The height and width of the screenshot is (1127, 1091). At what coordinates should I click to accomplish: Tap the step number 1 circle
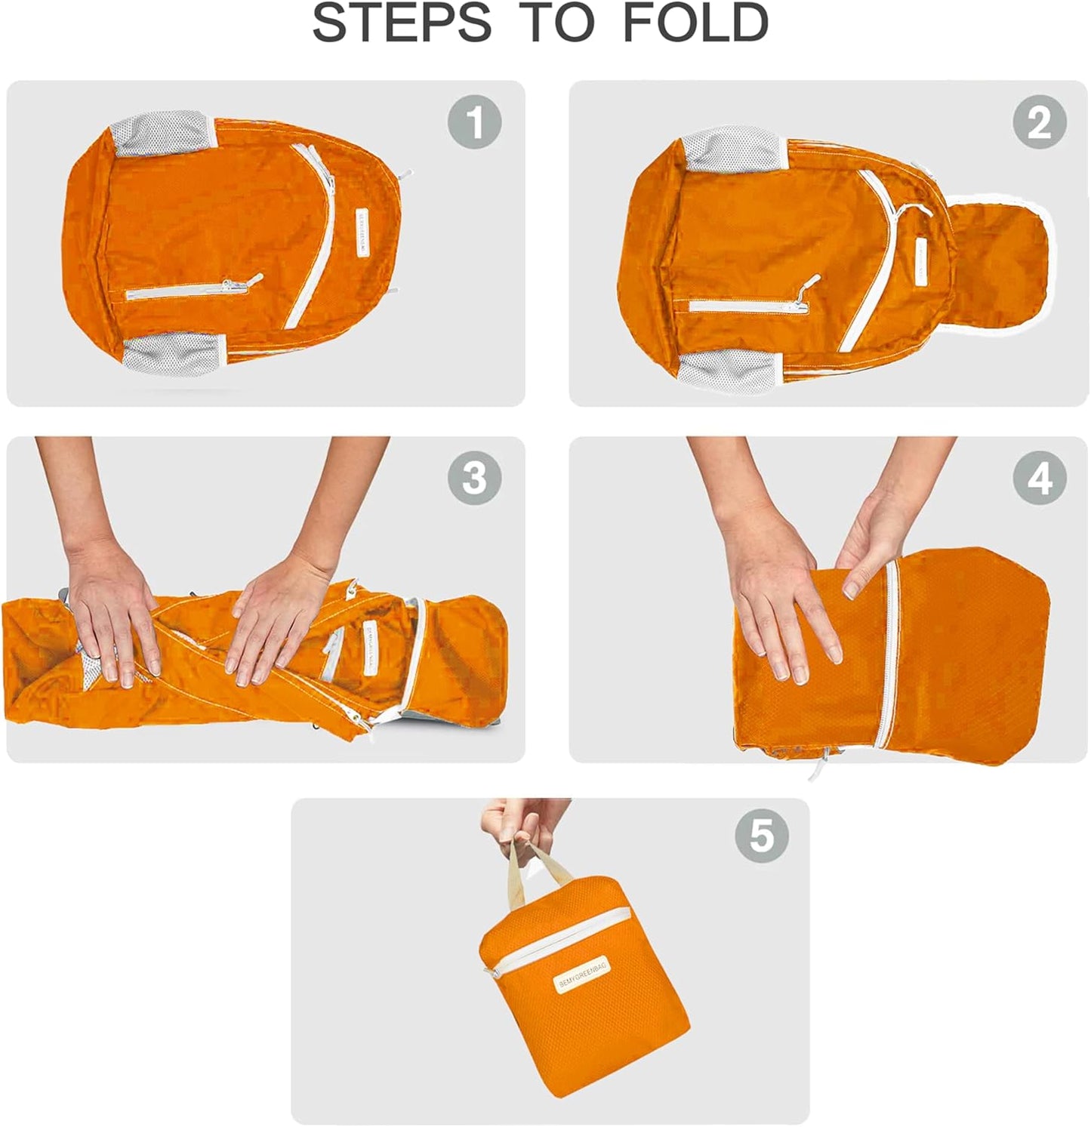(x=474, y=122)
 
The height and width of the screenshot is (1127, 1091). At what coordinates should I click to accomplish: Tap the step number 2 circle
(x=1039, y=122)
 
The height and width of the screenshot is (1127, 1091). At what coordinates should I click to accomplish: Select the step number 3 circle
(x=474, y=478)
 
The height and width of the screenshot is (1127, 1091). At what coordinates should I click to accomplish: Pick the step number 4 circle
(x=1039, y=478)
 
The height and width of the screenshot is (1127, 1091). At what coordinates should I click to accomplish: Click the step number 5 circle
(x=761, y=836)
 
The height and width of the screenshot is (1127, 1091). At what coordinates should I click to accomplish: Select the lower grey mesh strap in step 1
(x=175, y=355)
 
